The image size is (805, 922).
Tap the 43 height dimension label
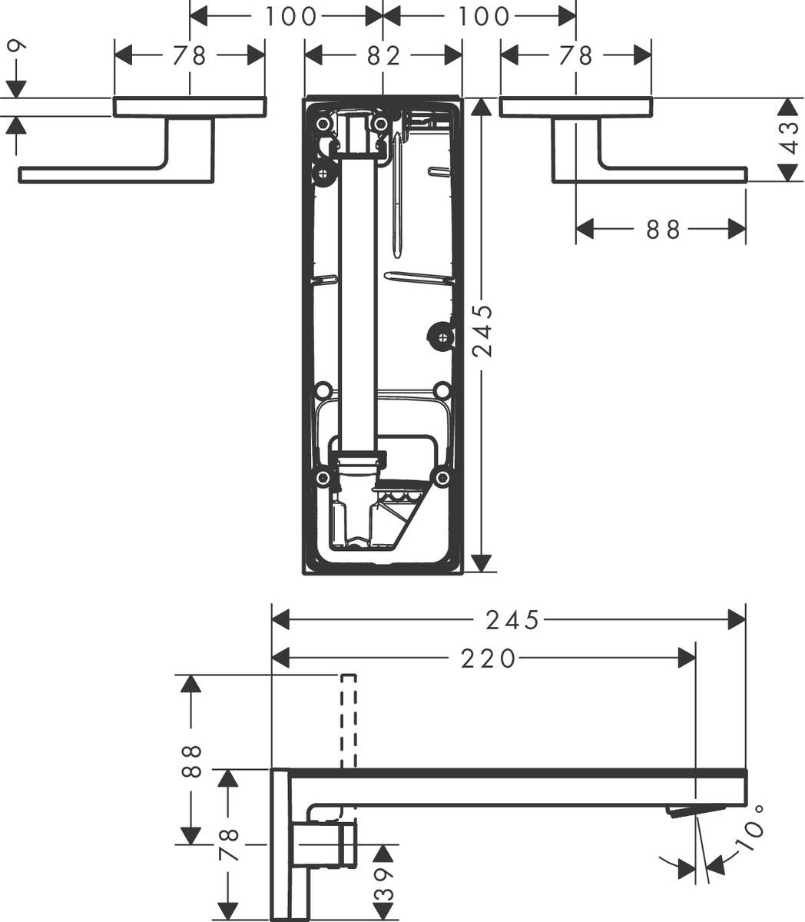(x=787, y=139)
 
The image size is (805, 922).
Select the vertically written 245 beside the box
(x=482, y=331)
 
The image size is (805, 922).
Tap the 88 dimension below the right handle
(x=662, y=229)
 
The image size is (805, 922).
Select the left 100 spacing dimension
(x=286, y=16)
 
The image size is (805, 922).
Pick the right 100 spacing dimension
(x=480, y=16)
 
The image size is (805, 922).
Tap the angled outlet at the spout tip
(x=695, y=811)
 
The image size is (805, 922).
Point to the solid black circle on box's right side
(x=440, y=335)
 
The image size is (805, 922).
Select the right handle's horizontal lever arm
(x=672, y=174)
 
